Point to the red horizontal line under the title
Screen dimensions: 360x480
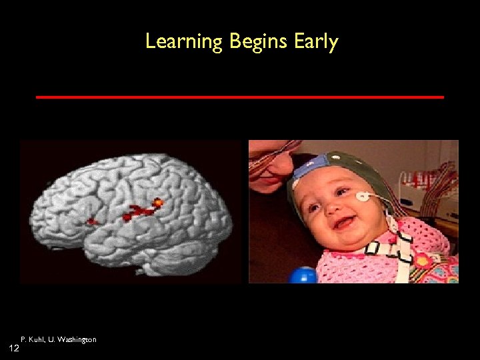240,97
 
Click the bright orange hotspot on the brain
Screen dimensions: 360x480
158,201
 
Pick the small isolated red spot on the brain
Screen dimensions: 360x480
92,221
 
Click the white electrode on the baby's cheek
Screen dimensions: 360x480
363,196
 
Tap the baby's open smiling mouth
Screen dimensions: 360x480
344,223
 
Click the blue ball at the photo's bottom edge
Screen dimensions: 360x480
303,275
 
